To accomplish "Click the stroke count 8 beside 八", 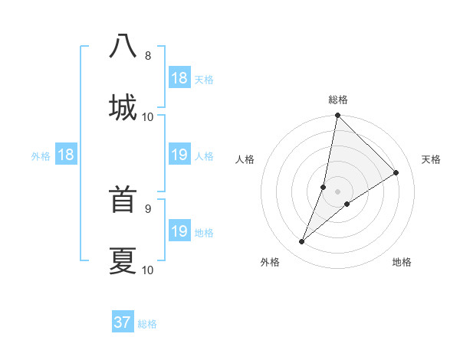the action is (148, 56).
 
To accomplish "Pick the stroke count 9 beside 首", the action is (148, 208).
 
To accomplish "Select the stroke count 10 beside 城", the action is (148, 116).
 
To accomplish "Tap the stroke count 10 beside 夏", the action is (148, 270).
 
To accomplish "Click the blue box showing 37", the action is (123, 322).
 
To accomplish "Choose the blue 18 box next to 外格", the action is (66, 155).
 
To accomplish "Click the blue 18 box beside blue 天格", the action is (179, 78).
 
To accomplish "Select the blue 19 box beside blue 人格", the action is (179, 155).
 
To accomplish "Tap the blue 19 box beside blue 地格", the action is (179, 231).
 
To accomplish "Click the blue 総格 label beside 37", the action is (147, 324).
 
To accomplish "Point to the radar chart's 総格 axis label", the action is (338, 100).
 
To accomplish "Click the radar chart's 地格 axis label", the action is (402, 262).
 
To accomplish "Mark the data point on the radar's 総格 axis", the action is (338, 116).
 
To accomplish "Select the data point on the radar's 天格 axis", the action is (396, 172).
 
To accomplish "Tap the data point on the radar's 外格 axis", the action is (302, 242).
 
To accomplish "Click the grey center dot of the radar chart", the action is (338, 191).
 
